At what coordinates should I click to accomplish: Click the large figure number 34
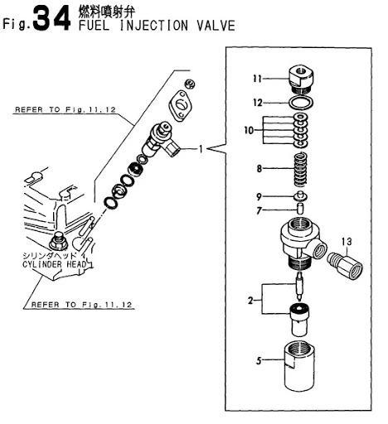point(51,18)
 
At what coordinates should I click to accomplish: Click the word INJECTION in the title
point(153,26)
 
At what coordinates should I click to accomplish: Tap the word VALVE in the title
point(216,26)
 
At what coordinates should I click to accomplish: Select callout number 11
point(257,79)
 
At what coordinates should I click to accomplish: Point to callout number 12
point(258,103)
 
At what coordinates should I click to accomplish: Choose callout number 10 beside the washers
point(249,130)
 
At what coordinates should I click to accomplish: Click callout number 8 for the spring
point(259,168)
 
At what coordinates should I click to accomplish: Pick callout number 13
point(347,242)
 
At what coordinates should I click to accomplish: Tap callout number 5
point(259,360)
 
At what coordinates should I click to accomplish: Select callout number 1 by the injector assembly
point(201,149)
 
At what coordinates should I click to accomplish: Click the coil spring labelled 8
point(300,170)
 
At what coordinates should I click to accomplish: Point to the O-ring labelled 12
point(301,104)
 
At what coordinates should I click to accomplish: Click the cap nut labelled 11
point(302,79)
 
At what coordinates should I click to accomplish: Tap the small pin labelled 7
point(300,208)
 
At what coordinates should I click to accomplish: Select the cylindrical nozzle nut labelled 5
point(299,366)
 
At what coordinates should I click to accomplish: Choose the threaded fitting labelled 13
point(345,266)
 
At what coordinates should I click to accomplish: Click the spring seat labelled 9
point(300,196)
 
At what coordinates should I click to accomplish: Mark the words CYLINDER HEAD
point(54,264)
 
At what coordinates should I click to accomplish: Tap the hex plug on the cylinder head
point(58,242)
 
